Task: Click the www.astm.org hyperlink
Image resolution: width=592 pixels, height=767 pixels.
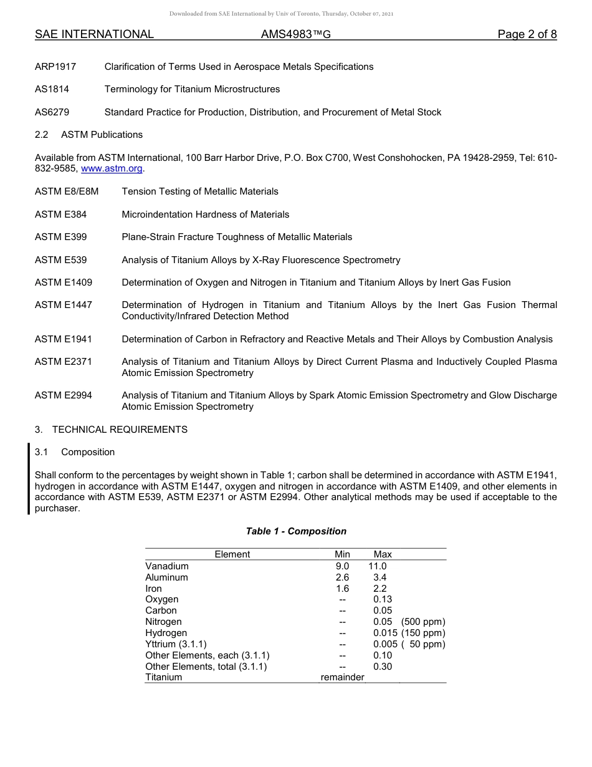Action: click(112, 169)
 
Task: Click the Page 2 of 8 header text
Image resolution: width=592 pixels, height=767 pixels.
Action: click(527, 34)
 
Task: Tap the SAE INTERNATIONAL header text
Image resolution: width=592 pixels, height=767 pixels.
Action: click(94, 34)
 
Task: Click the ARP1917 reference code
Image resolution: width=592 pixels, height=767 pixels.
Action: click(55, 67)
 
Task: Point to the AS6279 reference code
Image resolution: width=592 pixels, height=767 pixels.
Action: click(52, 112)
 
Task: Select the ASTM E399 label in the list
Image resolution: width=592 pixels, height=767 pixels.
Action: click(61, 237)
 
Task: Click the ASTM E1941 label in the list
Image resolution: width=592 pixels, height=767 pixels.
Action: click(64, 339)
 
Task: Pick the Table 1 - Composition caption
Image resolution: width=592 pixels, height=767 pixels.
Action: click(296, 531)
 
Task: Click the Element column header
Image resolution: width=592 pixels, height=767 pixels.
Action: click(232, 554)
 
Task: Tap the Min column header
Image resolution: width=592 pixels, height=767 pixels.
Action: click(342, 554)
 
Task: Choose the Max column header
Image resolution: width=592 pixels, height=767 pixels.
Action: click(383, 554)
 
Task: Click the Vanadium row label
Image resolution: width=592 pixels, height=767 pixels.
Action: click(167, 566)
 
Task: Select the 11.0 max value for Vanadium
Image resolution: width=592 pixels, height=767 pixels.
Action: click(378, 566)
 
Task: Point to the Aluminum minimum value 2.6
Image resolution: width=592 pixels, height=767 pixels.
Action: click(342, 577)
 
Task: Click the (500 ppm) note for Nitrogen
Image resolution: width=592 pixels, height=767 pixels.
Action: click(423, 622)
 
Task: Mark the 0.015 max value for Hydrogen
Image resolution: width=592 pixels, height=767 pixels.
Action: click(385, 633)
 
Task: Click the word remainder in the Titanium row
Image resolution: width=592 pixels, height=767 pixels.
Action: click(342, 677)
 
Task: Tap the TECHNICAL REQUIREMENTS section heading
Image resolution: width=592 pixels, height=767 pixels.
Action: click(120, 430)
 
